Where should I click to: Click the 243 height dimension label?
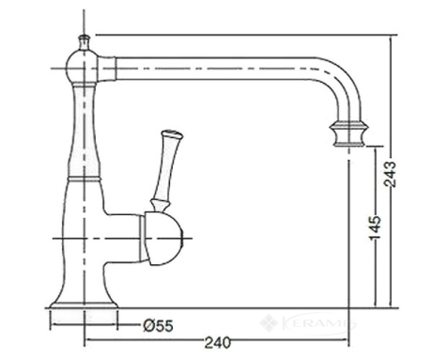click(391, 174)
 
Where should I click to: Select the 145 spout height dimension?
click(376, 227)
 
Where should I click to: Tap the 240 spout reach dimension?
click(218, 342)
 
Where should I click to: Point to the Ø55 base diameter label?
click(158, 326)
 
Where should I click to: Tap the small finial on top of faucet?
click(84, 42)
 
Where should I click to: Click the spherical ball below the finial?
click(82, 68)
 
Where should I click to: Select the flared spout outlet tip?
click(349, 133)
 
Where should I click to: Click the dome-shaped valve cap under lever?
click(162, 238)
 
